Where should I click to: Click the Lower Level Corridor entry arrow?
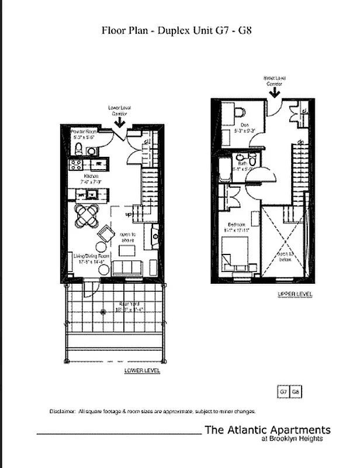click(119, 121)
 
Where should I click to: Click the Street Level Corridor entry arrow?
click(275, 91)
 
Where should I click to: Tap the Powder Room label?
click(82, 133)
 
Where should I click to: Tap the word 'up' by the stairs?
click(127, 214)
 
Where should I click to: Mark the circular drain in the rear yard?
click(103, 312)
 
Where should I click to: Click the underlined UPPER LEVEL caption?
click(295, 294)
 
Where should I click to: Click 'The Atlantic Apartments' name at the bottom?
click(267, 430)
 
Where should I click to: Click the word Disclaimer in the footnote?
click(62, 411)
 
